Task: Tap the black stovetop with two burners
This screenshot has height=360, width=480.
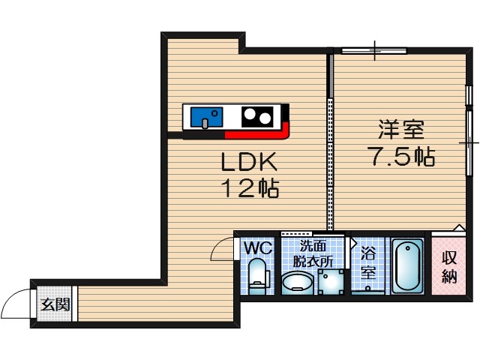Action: click(256, 117)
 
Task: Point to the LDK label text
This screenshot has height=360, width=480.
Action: click(249, 162)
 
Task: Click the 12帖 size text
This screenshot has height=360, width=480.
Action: click(249, 187)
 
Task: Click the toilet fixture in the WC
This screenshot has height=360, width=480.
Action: click(257, 275)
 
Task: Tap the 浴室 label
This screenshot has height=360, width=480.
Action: click(367, 262)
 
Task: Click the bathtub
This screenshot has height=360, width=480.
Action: click(407, 266)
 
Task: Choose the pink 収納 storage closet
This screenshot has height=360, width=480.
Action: click(449, 265)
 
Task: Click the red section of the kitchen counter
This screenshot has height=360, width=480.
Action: click(259, 136)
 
